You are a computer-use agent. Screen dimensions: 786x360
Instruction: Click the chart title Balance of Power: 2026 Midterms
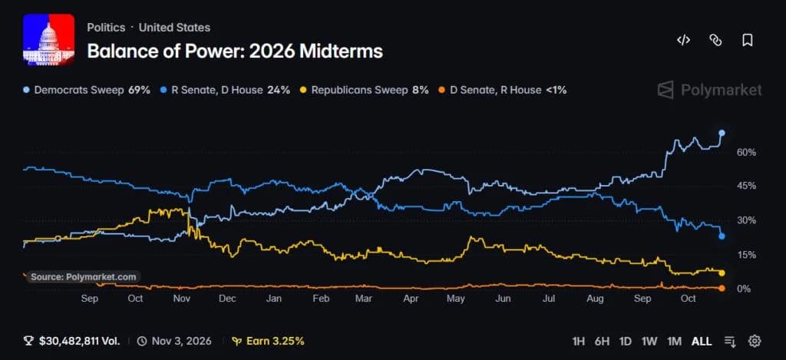pos(235,51)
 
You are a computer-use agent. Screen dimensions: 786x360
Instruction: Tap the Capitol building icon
pos(48,40)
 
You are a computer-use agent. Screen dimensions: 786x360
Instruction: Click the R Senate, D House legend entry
pos(224,91)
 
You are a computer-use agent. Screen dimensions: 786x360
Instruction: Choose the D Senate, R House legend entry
pos(502,91)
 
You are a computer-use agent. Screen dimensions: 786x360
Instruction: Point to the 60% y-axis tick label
pos(746,152)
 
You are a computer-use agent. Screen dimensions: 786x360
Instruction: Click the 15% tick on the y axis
pos(746,255)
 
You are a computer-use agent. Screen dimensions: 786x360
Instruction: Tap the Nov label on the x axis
pos(181,299)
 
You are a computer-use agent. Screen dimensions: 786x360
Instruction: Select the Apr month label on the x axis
pos(411,299)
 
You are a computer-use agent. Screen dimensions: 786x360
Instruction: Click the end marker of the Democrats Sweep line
pos(722,133)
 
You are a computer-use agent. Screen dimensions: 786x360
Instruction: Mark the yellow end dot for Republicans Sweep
pos(722,272)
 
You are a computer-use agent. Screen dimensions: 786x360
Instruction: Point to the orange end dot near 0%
pos(722,289)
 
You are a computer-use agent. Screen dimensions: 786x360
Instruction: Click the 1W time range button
pos(649,342)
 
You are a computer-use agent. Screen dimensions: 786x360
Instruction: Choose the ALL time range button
pos(702,342)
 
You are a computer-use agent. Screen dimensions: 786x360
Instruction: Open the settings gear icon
pos(755,342)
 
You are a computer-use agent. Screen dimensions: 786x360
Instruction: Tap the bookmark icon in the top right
pos(748,40)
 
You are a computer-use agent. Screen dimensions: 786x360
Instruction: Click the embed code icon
pos(683,40)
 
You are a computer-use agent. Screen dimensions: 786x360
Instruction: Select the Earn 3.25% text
pos(268,342)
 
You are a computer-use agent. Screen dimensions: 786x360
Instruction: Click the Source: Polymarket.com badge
pos(83,277)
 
